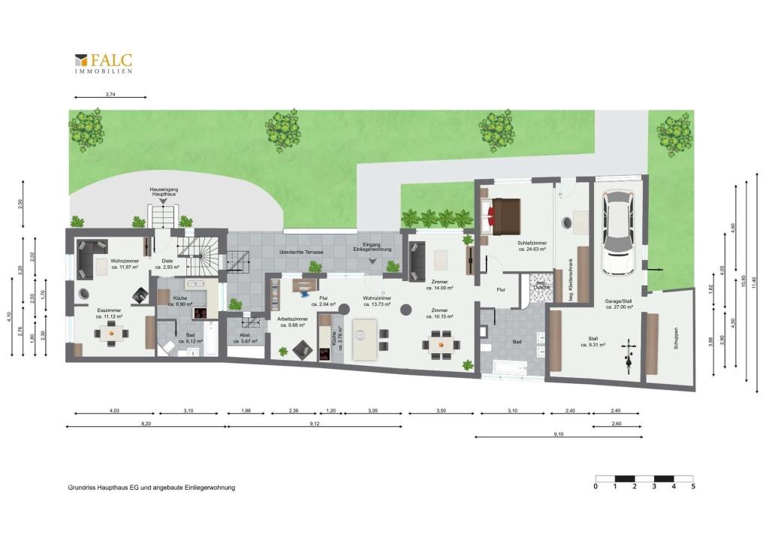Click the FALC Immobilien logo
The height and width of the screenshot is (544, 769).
point(104,62)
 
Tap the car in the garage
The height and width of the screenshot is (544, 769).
point(621,231)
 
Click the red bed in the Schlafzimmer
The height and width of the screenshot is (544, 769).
point(505,213)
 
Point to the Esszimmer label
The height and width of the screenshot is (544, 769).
point(110,313)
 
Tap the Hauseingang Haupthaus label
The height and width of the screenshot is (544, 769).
point(163,192)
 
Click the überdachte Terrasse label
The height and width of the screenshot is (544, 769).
point(300,252)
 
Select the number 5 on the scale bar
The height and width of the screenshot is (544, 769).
point(693,487)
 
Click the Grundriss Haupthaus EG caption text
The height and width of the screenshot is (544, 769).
point(151,488)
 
